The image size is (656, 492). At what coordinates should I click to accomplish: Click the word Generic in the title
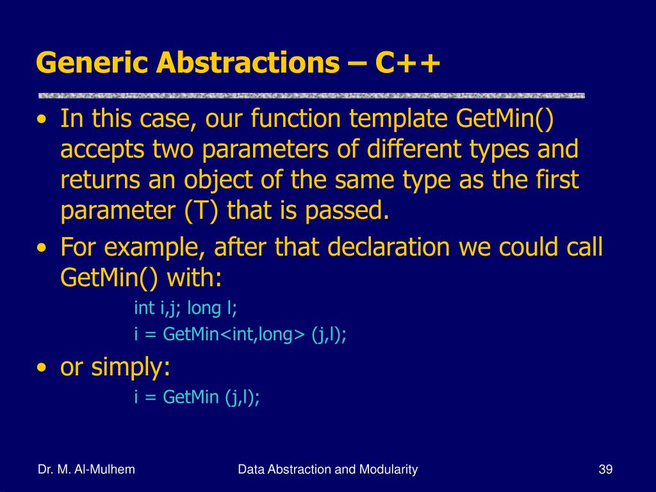coord(92,63)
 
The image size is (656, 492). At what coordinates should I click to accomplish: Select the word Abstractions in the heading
coord(248,63)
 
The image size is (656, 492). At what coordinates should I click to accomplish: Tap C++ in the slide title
coord(407,63)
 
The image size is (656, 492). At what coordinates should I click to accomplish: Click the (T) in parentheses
coord(201,210)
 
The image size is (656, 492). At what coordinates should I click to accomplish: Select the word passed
coord(347,209)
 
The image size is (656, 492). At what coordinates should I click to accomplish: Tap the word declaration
coord(389,247)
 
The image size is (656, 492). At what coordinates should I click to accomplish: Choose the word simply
coord(131,367)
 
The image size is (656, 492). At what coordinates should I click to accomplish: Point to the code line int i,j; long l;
coord(185,308)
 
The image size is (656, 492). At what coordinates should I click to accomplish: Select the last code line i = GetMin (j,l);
coord(197,397)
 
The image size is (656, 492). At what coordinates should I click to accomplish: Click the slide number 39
coord(605,470)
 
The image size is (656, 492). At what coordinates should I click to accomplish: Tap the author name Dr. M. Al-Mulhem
coord(86,470)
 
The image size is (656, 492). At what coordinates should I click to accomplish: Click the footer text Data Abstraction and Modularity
coord(327,470)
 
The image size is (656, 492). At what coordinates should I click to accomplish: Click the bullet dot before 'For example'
coord(42,248)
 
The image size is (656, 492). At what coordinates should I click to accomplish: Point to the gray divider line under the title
coord(311,96)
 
